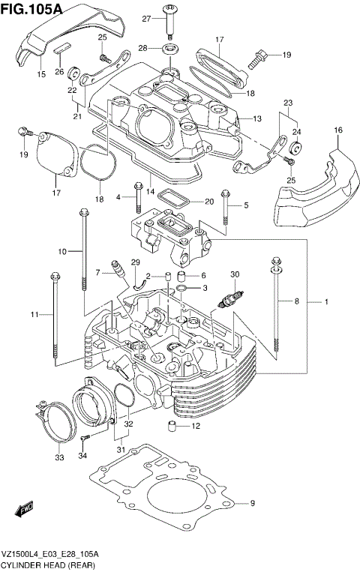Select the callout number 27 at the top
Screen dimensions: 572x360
click(147, 17)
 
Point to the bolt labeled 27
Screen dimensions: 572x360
click(171, 22)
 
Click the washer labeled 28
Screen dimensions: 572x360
click(170, 49)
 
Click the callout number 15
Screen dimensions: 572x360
click(42, 75)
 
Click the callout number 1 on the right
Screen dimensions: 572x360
click(327, 301)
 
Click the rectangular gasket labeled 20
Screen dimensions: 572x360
click(178, 200)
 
